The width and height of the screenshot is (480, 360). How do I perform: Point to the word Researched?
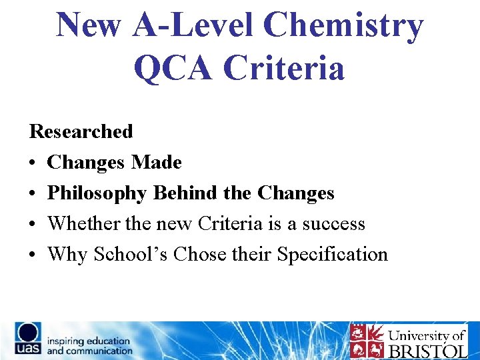coord(81,131)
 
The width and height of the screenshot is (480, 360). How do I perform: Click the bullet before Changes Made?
coord(33,163)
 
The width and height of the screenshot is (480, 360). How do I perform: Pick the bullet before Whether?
coord(33,224)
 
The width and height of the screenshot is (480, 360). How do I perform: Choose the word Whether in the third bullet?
coord(83,223)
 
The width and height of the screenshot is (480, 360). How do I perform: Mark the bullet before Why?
coord(33,255)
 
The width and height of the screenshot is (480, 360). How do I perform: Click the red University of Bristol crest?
coord(366,341)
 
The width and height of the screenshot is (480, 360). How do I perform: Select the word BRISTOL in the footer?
coord(427,351)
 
